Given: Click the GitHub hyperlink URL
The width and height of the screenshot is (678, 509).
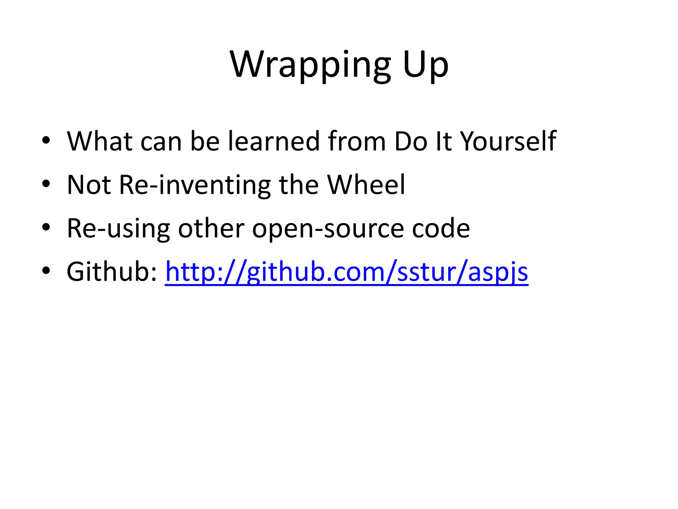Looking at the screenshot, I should click(346, 272).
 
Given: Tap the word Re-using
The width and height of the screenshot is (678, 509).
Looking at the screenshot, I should click(118, 228).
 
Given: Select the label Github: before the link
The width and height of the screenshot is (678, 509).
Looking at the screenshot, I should click(112, 272).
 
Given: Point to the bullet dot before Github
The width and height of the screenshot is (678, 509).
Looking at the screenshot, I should click(46, 271).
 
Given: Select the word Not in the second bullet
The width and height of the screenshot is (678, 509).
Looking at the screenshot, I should click(89, 185).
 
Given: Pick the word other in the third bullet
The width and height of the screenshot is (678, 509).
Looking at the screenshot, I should click(211, 228).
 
